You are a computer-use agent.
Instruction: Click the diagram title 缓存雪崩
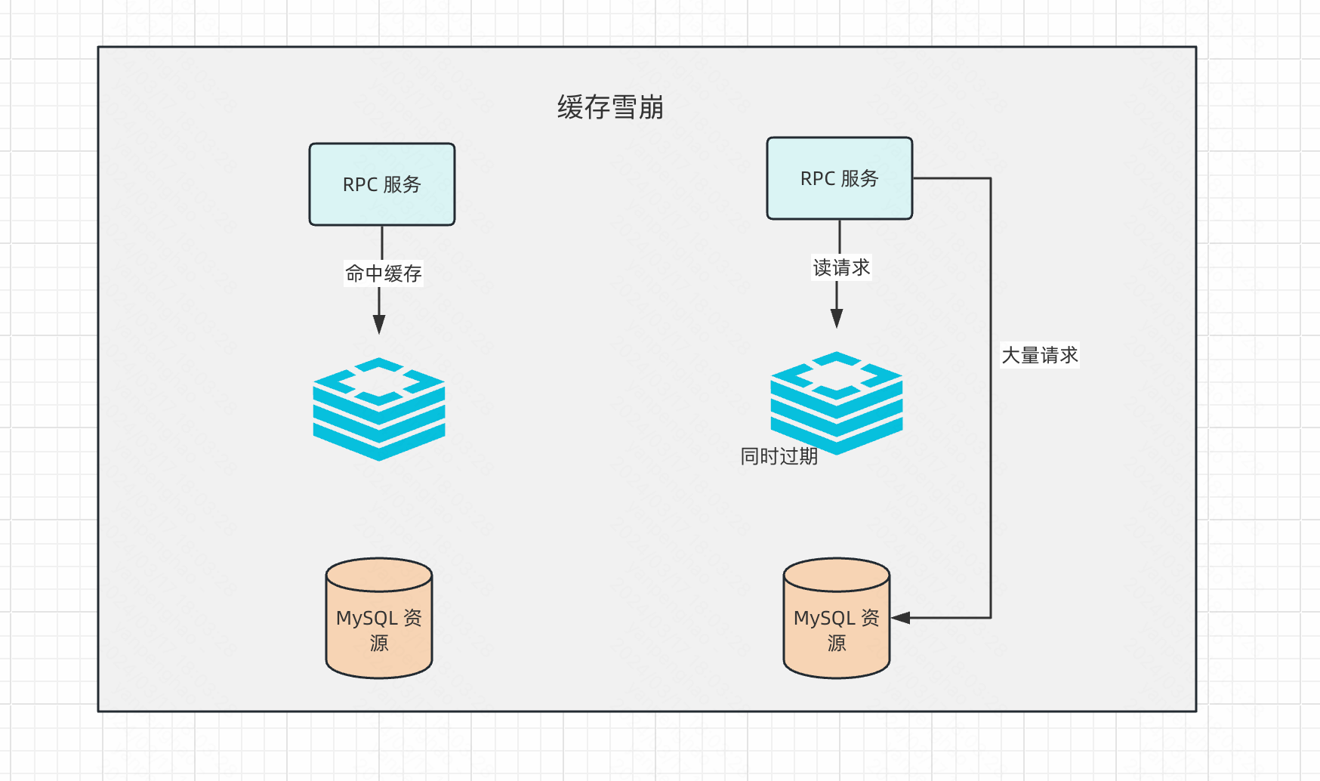click(610, 107)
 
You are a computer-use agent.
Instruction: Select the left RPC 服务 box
click(382, 184)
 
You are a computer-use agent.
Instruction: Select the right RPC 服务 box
click(839, 178)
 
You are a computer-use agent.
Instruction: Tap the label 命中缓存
click(384, 273)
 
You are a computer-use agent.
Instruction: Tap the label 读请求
click(841, 267)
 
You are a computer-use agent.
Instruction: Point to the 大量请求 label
click(1040, 355)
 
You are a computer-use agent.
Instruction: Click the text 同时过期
click(779, 456)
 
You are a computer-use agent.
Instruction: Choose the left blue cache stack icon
click(379, 409)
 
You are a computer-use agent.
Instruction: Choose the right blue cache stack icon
click(837, 402)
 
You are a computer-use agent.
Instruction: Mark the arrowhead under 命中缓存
click(379, 325)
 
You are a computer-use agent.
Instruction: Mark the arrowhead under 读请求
click(837, 319)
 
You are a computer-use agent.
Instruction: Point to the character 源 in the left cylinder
click(379, 643)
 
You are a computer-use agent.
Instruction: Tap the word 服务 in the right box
click(859, 178)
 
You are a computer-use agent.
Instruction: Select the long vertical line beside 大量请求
click(991, 468)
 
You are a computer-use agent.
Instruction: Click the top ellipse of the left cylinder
click(379, 573)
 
